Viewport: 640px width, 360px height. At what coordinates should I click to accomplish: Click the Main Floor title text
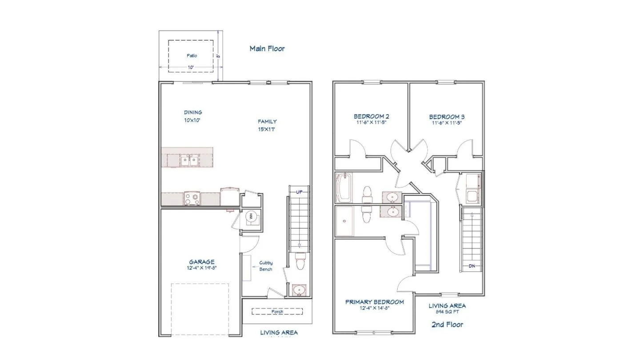(267, 48)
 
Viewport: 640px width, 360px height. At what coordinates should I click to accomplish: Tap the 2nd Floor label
(447, 324)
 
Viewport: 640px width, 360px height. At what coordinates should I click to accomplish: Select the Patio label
(192, 56)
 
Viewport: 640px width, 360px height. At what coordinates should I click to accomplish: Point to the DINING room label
(193, 112)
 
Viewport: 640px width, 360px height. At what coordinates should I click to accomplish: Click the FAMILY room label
(267, 121)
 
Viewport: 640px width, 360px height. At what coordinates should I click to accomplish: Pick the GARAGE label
(202, 262)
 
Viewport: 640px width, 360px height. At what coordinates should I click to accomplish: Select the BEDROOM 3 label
(447, 116)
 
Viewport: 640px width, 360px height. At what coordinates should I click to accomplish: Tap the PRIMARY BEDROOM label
(375, 302)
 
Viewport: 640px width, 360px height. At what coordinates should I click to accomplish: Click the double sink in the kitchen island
(190, 160)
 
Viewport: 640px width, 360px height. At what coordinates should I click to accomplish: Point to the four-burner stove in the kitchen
(192, 198)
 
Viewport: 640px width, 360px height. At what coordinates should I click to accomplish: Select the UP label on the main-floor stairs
(299, 192)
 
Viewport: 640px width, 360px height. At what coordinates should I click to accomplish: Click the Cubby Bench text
(266, 266)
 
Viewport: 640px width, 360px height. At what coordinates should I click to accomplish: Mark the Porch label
(277, 312)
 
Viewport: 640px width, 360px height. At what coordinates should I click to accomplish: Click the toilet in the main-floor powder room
(300, 261)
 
